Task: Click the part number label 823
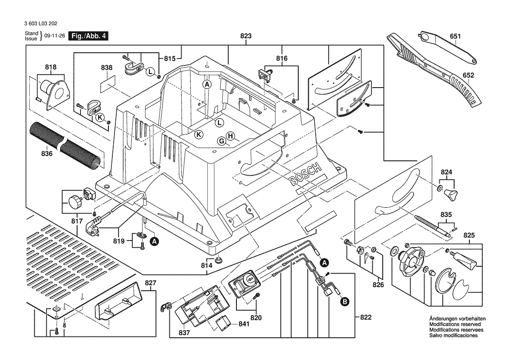click(x=246, y=37)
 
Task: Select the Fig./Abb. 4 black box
click(x=89, y=36)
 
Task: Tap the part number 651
click(x=455, y=37)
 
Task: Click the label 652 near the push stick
click(x=468, y=75)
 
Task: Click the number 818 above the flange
click(x=51, y=67)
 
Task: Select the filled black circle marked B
click(x=344, y=301)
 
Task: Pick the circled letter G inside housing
click(x=222, y=141)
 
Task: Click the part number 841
click(x=244, y=324)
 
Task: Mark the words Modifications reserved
click(x=455, y=324)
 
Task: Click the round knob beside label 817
click(x=74, y=202)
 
